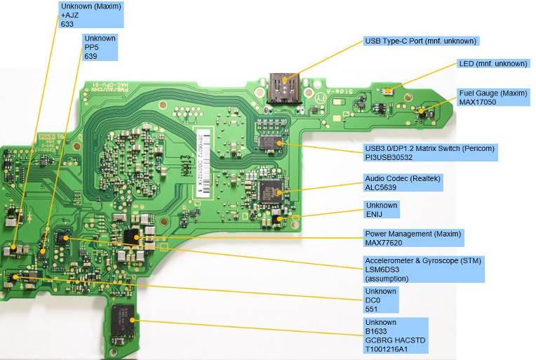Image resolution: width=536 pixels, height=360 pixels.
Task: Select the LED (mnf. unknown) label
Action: (492, 63)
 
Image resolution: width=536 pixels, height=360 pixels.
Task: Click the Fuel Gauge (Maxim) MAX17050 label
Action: (493, 97)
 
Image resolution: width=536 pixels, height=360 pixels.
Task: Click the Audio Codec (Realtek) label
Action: (403, 178)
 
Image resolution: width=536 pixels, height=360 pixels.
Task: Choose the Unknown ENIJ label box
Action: (382, 210)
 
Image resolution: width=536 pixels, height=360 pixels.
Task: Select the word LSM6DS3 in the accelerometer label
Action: (382, 269)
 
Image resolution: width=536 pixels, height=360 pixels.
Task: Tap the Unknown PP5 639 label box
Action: (100, 47)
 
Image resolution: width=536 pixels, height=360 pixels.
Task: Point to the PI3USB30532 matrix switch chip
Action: (267, 142)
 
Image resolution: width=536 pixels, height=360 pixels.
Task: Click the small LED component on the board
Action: (387, 91)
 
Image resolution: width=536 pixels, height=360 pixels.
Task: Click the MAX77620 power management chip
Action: (131, 236)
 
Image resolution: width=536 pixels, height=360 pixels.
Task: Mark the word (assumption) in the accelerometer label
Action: (387, 278)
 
